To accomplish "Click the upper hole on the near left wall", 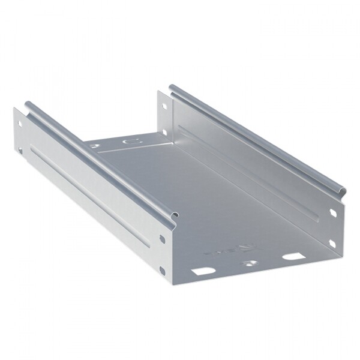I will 162,239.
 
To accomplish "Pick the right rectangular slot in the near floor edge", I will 292,256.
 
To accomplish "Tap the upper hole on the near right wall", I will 333,212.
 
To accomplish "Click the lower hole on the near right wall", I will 332,243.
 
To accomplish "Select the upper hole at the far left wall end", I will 20,125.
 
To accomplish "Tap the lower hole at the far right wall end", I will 164,132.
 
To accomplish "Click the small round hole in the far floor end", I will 94,145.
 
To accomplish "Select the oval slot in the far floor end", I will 128,142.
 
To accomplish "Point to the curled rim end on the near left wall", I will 173,215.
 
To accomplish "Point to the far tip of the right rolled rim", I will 172,88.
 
